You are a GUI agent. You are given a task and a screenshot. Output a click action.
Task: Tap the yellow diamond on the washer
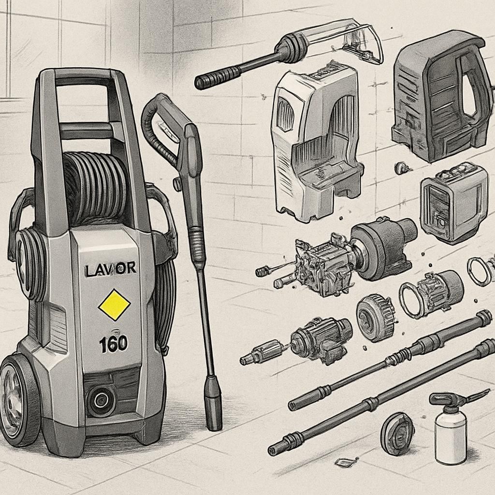pyautogui.click(x=114, y=305)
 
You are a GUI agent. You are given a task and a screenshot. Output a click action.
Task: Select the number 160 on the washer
pyautogui.click(x=113, y=344)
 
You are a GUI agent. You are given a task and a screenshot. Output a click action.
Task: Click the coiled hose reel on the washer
pyautogui.click(x=95, y=186)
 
